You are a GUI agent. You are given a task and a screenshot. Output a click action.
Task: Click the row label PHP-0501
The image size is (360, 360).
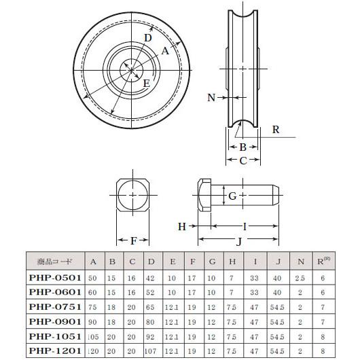(x=55, y=277)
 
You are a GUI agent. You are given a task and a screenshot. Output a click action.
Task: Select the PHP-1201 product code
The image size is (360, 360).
(x=55, y=350)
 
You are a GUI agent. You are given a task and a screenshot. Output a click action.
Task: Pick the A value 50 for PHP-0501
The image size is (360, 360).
(x=93, y=277)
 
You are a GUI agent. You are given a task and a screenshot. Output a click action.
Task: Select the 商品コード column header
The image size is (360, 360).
(x=55, y=261)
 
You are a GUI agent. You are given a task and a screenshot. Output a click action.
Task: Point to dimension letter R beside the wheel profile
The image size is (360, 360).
(x=274, y=129)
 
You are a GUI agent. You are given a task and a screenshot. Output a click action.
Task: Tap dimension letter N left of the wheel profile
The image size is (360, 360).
(x=211, y=98)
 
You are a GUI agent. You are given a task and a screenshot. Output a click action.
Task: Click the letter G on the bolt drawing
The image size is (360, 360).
(x=232, y=196)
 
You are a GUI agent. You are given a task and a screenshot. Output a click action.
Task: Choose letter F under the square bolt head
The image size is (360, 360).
(x=133, y=240)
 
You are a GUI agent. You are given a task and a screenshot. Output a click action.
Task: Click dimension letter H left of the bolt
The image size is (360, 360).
(x=182, y=226)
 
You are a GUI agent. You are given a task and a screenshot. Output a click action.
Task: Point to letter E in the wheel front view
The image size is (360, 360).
(x=145, y=83)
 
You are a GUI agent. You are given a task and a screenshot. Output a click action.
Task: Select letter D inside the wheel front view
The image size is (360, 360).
(x=147, y=38)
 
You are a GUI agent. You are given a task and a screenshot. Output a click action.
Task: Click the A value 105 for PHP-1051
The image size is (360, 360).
(x=93, y=336)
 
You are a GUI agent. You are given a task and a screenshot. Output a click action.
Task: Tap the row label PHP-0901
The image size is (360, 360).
(x=55, y=321)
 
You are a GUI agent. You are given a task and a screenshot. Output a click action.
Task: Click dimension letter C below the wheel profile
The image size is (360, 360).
(x=242, y=160)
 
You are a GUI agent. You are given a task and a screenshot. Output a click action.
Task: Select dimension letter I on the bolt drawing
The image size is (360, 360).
(x=245, y=226)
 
